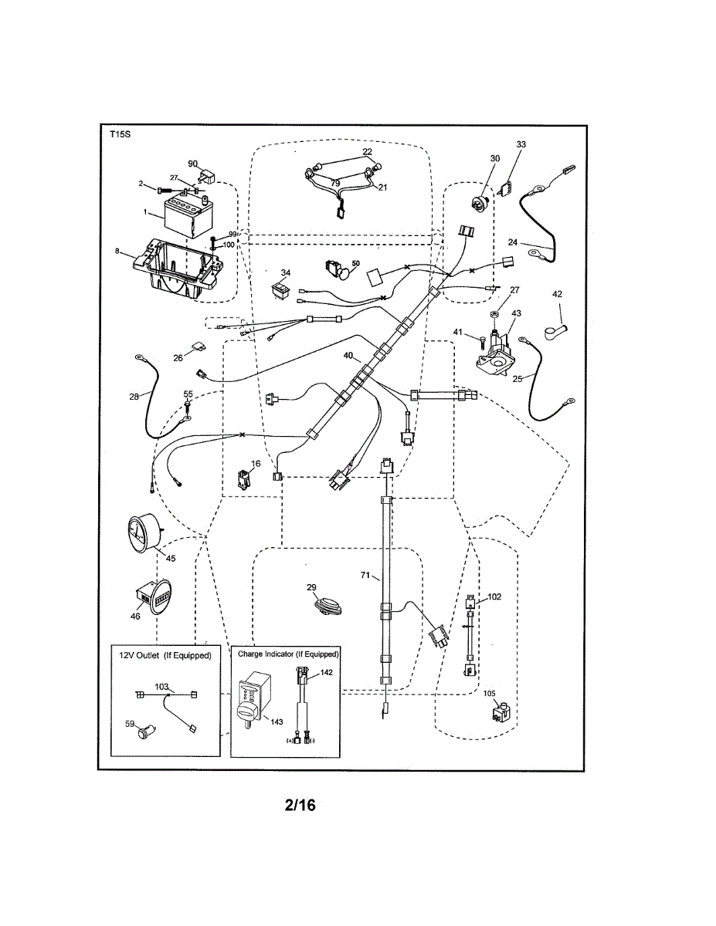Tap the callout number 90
pyautogui.click(x=193, y=164)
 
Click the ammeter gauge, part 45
pyautogui.click(x=144, y=532)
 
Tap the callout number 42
pyautogui.click(x=557, y=294)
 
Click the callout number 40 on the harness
pyautogui.click(x=348, y=356)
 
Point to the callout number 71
pyautogui.click(x=365, y=576)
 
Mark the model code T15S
pyautogui.click(x=120, y=135)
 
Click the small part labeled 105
pyautogui.click(x=501, y=713)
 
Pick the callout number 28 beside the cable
pyautogui.click(x=134, y=397)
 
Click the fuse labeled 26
pyautogui.click(x=198, y=346)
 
